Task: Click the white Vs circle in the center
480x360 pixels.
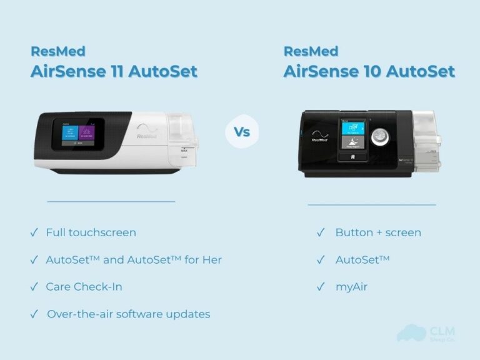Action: click(242, 132)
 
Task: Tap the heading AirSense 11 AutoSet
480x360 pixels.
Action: click(114, 71)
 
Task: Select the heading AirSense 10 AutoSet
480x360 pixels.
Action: click(369, 71)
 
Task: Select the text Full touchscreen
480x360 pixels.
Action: click(91, 232)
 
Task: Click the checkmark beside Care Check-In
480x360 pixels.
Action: click(34, 287)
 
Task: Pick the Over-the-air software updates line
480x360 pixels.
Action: click(128, 314)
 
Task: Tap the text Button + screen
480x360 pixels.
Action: click(377, 232)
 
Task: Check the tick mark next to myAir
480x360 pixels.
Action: click(321, 287)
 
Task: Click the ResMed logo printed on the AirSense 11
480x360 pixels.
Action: click(148, 132)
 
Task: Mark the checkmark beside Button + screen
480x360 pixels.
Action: click(321, 232)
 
